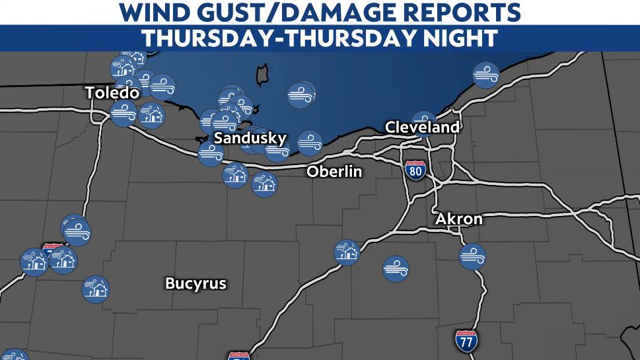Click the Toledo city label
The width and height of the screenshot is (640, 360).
tap(112, 93)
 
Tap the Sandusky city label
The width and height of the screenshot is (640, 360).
tap(250, 139)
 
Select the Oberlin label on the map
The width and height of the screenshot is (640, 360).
tap(334, 172)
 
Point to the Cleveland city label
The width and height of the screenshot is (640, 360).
tap(421, 127)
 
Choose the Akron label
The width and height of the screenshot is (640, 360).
tap(458, 219)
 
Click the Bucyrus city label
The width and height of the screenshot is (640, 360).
tap(196, 284)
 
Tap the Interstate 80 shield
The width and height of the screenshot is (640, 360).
tap(415, 170)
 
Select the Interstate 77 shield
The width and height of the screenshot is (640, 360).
tap(466, 341)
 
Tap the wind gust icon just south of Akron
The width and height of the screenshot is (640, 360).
tap(472, 256)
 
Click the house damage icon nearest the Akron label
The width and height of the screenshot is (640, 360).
tap(346, 252)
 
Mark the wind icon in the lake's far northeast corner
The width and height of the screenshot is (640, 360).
tap(486, 75)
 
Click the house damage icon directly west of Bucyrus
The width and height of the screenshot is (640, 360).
tap(96, 289)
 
